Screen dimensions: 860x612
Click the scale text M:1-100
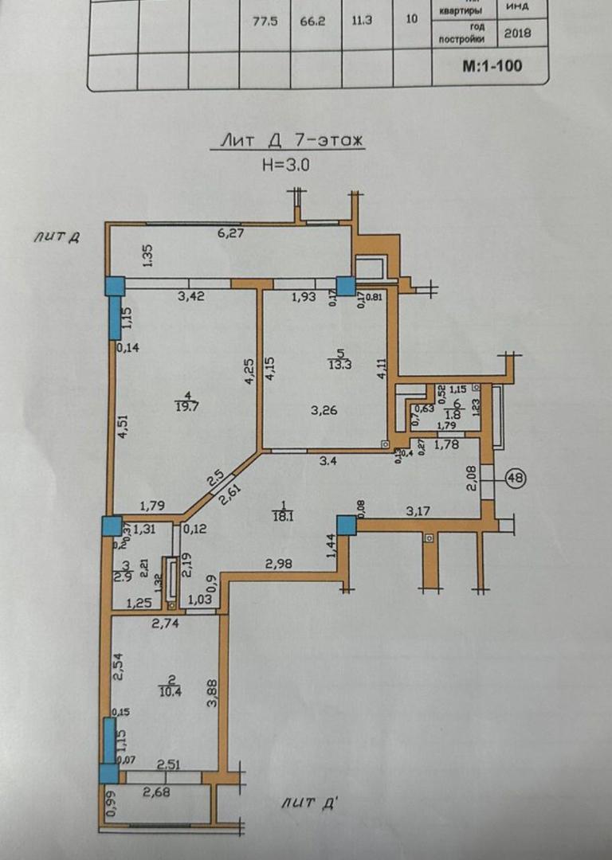coord(492,65)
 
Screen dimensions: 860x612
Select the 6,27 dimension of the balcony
coord(230,233)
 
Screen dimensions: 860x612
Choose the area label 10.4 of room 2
coord(170,691)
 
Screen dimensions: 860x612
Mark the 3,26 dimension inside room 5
coord(324,411)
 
